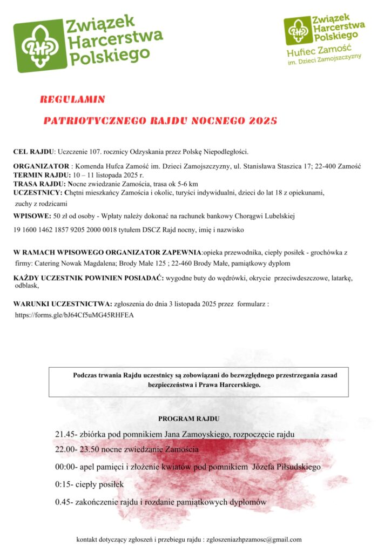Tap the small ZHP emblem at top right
pos(298,31)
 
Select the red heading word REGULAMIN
pos(72,99)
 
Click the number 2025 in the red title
pos(262,120)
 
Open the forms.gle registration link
pos(74,314)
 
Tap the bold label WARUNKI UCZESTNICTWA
pos(62,305)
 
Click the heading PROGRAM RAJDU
pos(189,419)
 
